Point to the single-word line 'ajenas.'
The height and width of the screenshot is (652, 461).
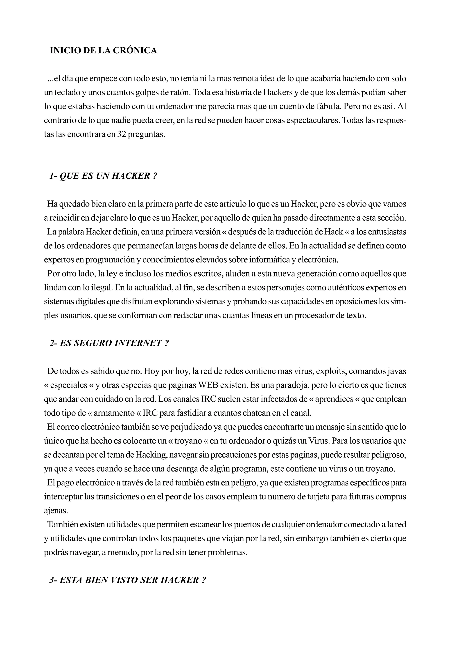pos(56,510)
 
